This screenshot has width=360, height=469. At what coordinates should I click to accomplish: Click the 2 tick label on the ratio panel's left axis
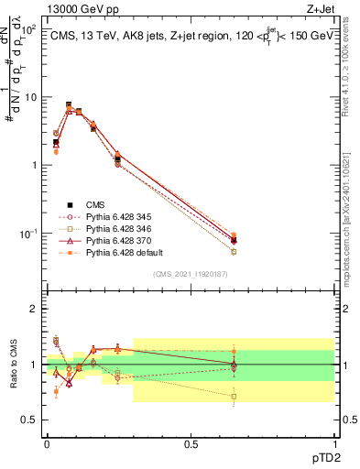coord(36,309)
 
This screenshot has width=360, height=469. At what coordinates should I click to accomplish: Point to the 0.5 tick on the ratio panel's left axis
coord(32,420)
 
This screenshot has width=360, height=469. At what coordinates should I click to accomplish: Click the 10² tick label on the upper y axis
coord(29,29)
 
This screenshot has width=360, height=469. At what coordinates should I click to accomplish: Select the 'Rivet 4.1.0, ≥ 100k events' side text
coord(353,82)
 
